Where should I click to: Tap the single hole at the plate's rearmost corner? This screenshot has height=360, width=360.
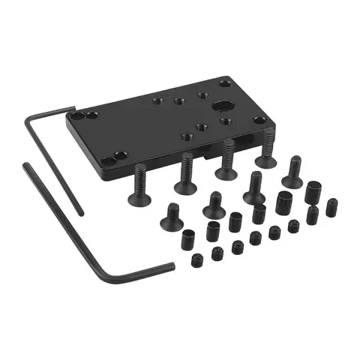click(226, 82)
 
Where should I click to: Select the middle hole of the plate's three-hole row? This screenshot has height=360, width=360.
click(178, 100)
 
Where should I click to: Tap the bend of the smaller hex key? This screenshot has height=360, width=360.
click(31, 120)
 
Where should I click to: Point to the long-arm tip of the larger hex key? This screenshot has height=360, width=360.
click(25, 166)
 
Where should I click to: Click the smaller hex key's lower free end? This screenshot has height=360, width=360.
click(81, 214)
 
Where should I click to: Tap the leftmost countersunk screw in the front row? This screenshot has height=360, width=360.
click(172, 215)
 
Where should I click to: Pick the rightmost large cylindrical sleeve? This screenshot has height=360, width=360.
click(312, 192)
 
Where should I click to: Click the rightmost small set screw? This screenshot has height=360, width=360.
click(331, 207)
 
